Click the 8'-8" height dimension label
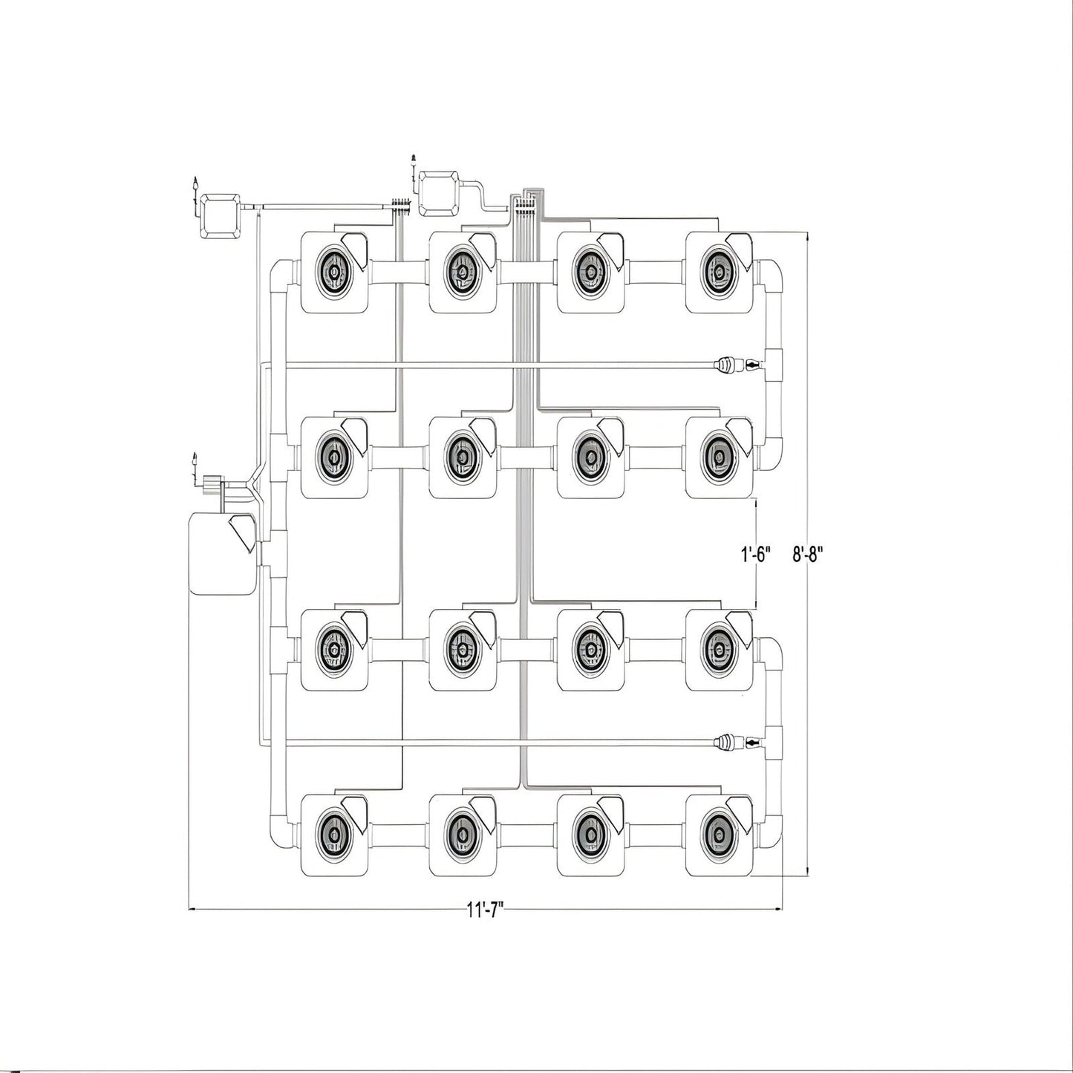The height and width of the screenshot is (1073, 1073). click(808, 555)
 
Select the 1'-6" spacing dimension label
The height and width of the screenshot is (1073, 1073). click(756, 555)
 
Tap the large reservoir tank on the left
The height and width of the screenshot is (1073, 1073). click(223, 553)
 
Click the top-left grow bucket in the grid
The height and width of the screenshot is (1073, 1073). click(334, 273)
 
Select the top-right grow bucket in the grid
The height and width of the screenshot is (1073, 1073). click(719, 273)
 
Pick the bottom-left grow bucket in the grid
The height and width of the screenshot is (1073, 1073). click(334, 835)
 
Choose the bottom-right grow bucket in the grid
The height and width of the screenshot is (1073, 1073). click(719, 835)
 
